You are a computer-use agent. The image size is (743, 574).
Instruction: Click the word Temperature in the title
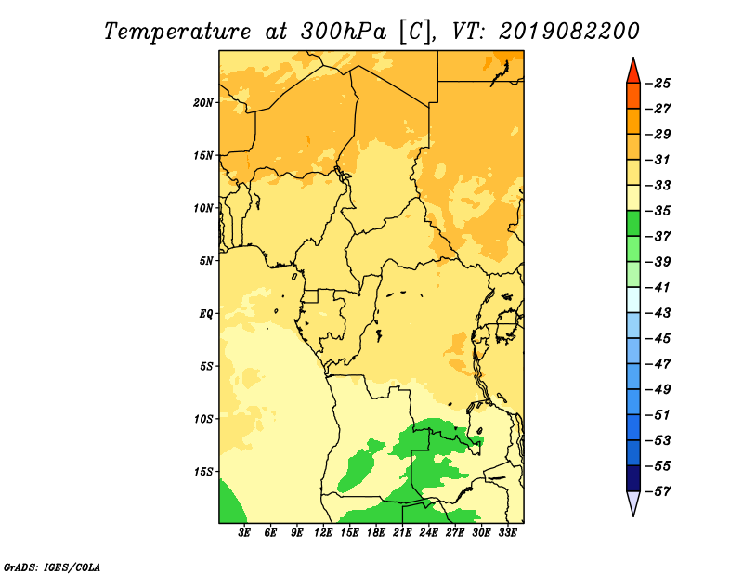coord(177,32)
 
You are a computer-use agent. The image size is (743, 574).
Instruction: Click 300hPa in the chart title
coord(344,32)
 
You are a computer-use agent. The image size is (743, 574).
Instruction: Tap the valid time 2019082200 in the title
coord(569,32)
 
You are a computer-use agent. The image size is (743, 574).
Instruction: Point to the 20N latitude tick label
coord(203,103)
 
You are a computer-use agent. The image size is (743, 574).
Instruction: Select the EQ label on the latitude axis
coord(206,314)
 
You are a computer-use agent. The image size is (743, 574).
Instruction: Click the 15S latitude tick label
coord(203,472)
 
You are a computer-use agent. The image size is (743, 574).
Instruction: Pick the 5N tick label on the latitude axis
coord(206,261)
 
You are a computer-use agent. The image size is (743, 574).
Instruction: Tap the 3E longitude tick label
coord(244,532)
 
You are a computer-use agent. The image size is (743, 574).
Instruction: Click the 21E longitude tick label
coord(402,532)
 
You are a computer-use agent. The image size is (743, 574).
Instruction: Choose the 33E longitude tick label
coord(507,532)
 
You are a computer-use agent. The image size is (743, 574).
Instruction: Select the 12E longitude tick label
coord(322,532)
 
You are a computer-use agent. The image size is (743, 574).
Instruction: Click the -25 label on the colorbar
coord(658,84)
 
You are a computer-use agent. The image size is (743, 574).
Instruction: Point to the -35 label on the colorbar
coord(658,211)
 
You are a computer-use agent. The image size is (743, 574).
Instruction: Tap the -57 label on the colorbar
coord(658,491)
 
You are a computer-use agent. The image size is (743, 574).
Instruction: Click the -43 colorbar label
coord(658,313)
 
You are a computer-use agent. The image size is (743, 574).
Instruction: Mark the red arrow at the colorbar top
coord(633,72)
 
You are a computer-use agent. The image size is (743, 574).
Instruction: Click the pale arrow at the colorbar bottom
coord(633,503)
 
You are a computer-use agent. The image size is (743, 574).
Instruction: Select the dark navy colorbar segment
coord(633,478)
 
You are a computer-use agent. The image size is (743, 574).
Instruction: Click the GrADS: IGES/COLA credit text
coord(52,567)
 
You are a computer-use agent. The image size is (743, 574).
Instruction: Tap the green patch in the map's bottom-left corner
coord(229,503)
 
